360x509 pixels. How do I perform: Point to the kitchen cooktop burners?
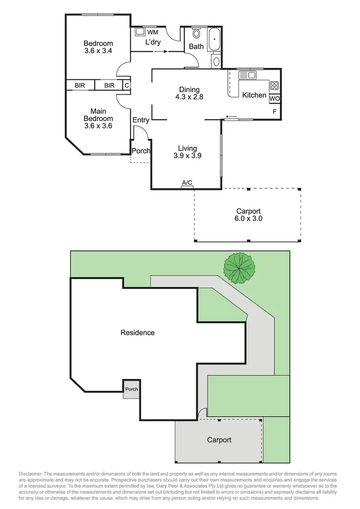[275, 86]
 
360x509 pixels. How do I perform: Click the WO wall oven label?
[275, 98]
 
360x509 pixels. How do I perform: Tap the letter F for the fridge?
[275, 111]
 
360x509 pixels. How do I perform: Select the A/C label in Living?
[187, 183]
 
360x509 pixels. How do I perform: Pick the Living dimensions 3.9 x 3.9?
[187, 156]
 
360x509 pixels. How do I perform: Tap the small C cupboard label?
[126, 85]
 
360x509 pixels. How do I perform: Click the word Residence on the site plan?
[137, 332]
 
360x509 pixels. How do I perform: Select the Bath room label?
[196, 47]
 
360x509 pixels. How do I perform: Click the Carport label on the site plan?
[219, 439]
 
